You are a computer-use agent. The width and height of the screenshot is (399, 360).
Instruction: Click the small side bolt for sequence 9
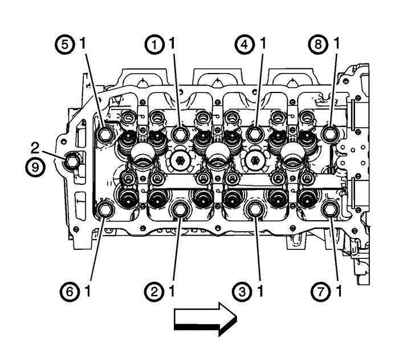(72, 162)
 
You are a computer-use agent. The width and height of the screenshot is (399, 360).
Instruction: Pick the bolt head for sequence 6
(105, 210)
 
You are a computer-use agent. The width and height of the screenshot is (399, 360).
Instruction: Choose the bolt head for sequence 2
(180, 210)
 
